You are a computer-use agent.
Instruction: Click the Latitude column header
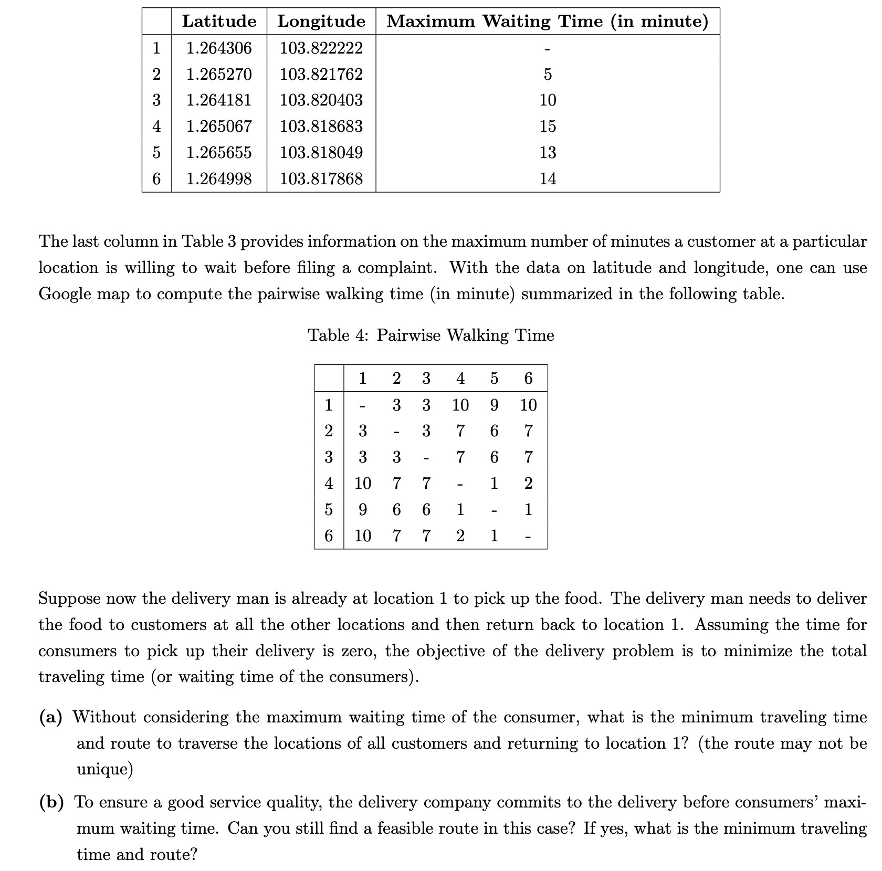click(219, 21)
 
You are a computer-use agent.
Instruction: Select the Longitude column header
click(321, 21)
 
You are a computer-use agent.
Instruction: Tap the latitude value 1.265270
click(219, 74)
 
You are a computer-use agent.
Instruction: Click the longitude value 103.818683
click(321, 127)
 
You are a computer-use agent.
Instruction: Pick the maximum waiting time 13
click(548, 153)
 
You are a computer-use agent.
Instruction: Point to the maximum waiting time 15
click(548, 127)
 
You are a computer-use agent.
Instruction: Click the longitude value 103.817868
click(321, 179)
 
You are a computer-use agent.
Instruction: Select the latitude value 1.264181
click(219, 100)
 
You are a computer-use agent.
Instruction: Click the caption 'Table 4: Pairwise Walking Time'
click(430, 335)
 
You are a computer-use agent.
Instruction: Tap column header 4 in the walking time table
click(460, 378)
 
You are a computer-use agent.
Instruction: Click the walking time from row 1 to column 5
click(494, 405)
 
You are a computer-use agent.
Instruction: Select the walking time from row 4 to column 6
click(528, 483)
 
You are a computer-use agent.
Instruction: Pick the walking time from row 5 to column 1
click(362, 509)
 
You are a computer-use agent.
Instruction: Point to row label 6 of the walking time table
click(329, 536)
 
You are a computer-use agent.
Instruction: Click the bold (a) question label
click(51, 717)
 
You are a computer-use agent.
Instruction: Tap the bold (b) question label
click(51, 802)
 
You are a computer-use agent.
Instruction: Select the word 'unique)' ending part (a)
click(105, 770)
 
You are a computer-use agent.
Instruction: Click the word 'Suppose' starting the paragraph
click(70, 599)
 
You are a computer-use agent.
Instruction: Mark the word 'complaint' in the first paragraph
click(398, 268)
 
